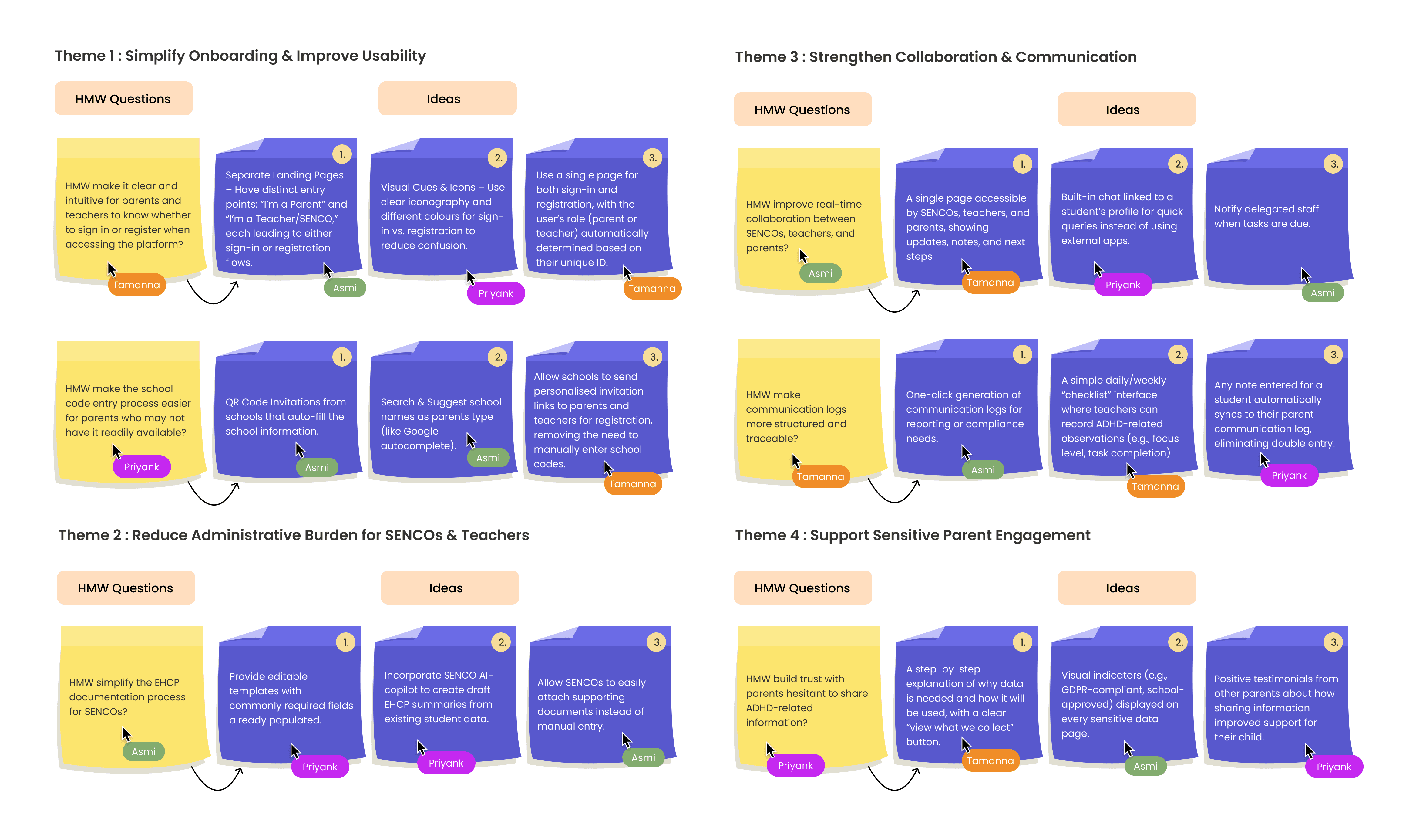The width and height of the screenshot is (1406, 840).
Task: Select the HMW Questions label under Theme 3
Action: click(x=802, y=110)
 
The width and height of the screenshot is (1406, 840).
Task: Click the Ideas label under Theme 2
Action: click(x=450, y=588)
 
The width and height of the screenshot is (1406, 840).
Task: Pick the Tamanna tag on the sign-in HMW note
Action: click(x=136, y=285)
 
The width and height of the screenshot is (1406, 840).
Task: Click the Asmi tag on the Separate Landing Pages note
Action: click(x=345, y=288)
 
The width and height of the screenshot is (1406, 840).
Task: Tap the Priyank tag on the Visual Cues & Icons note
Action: click(x=496, y=293)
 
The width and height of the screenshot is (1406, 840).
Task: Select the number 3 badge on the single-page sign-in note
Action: click(x=653, y=157)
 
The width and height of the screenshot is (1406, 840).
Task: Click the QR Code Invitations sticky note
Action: click(x=287, y=410)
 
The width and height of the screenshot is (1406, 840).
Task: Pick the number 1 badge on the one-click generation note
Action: click(x=1023, y=355)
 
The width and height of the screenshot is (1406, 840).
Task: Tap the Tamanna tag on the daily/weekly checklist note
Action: click(x=1155, y=486)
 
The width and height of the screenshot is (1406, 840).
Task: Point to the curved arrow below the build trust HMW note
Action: click(x=893, y=779)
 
